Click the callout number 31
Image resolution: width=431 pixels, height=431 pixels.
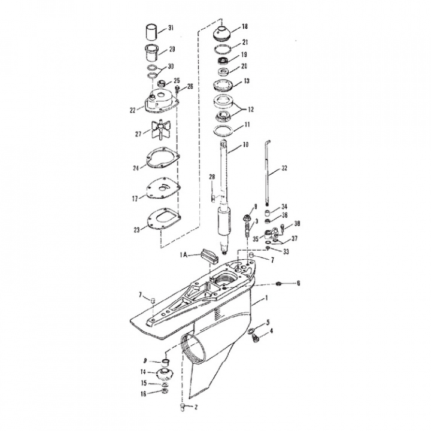point(171,28)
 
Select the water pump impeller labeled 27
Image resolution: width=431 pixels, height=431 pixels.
point(160,131)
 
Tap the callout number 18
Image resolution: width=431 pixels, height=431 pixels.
point(245,26)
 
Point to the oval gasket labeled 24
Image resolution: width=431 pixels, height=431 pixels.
point(163,158)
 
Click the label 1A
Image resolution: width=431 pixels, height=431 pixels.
point(184,255)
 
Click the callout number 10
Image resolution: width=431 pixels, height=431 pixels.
point(245,144)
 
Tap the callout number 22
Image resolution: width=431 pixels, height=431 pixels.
point(133,110)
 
